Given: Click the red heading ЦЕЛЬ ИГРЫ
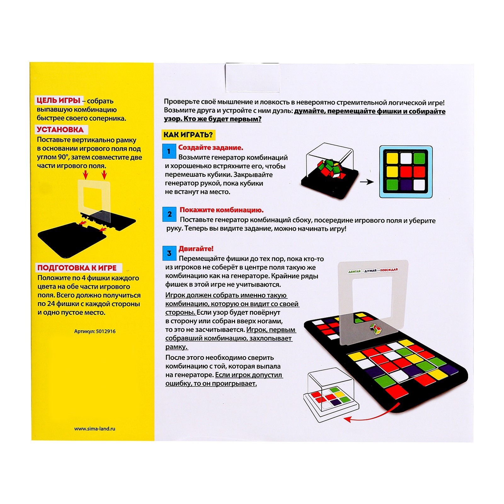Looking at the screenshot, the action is [59, 100].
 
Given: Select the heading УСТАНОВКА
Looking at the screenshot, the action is [60, 129].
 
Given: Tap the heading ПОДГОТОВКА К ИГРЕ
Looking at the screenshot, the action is [77, 268].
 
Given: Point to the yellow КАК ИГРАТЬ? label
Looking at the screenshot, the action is [188, 135].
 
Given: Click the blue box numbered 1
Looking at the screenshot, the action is [169, 151].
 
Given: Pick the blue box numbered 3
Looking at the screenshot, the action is [169, 253].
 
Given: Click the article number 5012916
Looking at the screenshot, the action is [95, 331].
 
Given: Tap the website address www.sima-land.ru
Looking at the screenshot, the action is [95, 428].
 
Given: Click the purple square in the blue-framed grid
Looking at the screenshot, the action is [406, 184].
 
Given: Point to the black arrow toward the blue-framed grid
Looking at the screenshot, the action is [367, 182].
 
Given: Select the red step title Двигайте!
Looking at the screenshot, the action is [196, 249].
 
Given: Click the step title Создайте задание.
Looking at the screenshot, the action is [211, 147].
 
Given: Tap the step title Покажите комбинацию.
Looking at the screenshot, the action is [222, 210].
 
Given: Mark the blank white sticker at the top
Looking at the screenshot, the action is [252, 77].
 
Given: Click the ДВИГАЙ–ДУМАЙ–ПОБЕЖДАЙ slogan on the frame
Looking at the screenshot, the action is [373, 270].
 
